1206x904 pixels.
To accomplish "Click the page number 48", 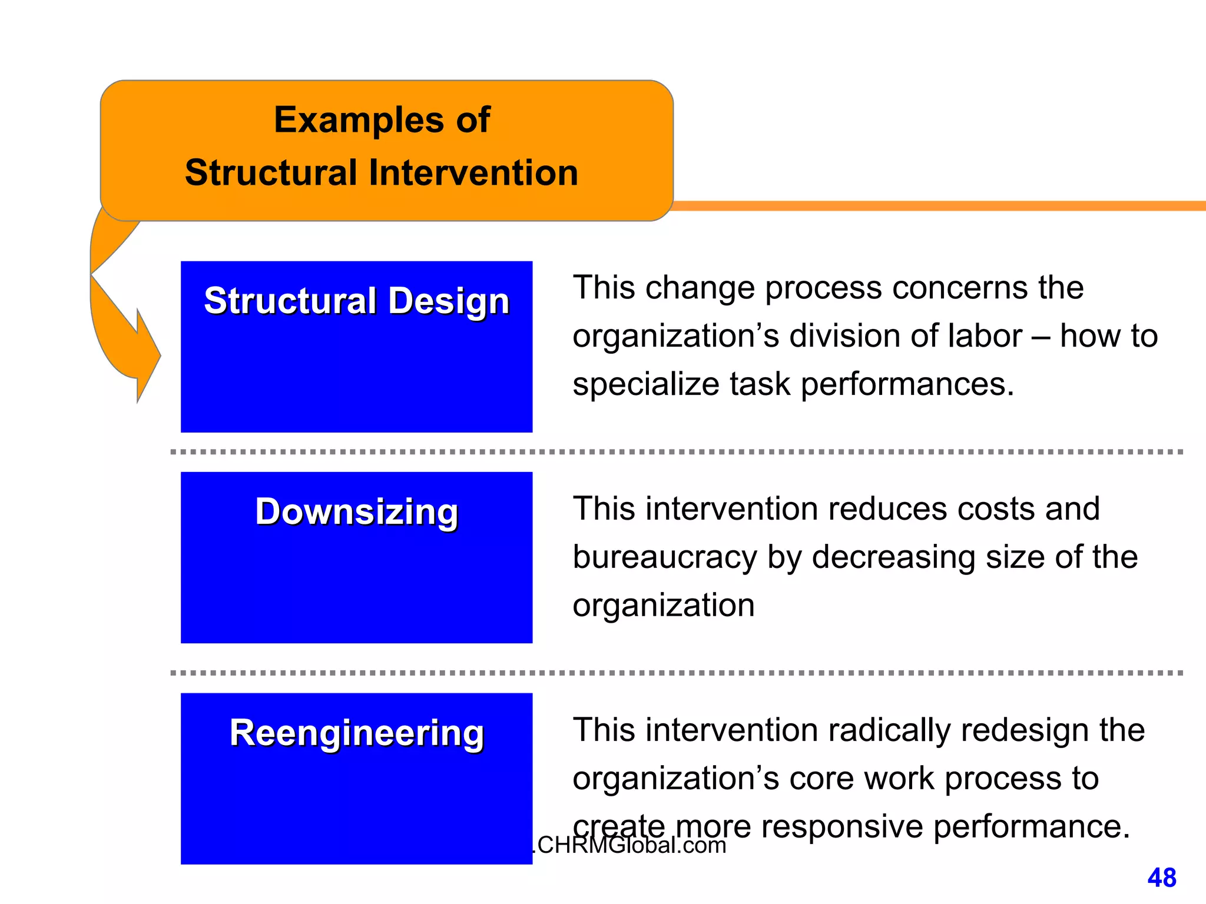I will point(1161,878).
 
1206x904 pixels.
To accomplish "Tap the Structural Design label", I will point(356,301).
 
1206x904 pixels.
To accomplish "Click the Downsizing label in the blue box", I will point(356,511).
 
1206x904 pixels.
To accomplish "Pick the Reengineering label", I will point(356,733).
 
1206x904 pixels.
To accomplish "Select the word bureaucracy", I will point(664,557).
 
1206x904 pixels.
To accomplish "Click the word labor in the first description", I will point(985,337).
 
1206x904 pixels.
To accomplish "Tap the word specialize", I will point(645,385).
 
